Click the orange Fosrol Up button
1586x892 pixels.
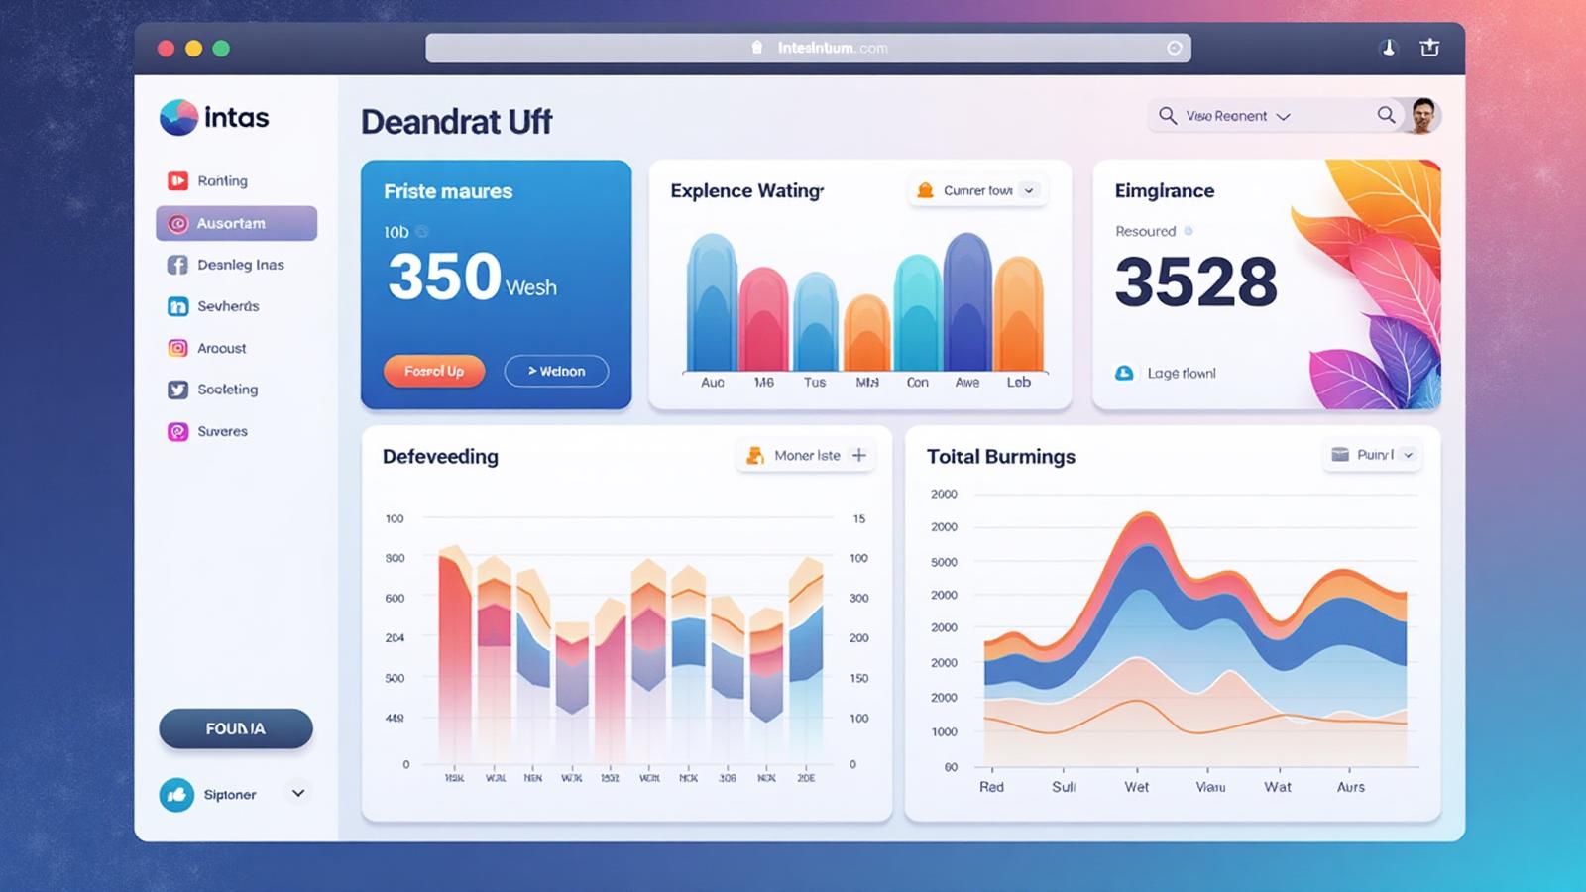[434, 371]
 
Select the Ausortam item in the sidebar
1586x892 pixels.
[236, 224]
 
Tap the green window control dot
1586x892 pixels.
[221, 49]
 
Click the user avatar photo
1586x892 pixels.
[1423, 116]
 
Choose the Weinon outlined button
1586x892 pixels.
[556, 371]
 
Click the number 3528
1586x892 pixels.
[1195, 282]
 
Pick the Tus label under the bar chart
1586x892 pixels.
[815, 383]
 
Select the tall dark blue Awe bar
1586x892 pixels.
[967, 302]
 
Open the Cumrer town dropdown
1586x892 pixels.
[977, 190]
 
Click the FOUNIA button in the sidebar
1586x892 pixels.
[236, 728]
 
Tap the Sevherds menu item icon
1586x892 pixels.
[177, 306]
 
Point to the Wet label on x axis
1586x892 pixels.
[1136, 787]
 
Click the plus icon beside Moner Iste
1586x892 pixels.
[859, 455]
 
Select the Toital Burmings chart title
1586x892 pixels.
[1000, 456]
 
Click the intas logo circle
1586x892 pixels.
[178, 118]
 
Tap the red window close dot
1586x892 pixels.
[166, 49]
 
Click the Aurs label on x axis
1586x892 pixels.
[1350, 787]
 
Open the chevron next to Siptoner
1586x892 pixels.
[297, 793]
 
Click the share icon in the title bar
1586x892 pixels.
[1429, 48]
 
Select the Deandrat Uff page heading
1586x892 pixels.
[456, 122]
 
